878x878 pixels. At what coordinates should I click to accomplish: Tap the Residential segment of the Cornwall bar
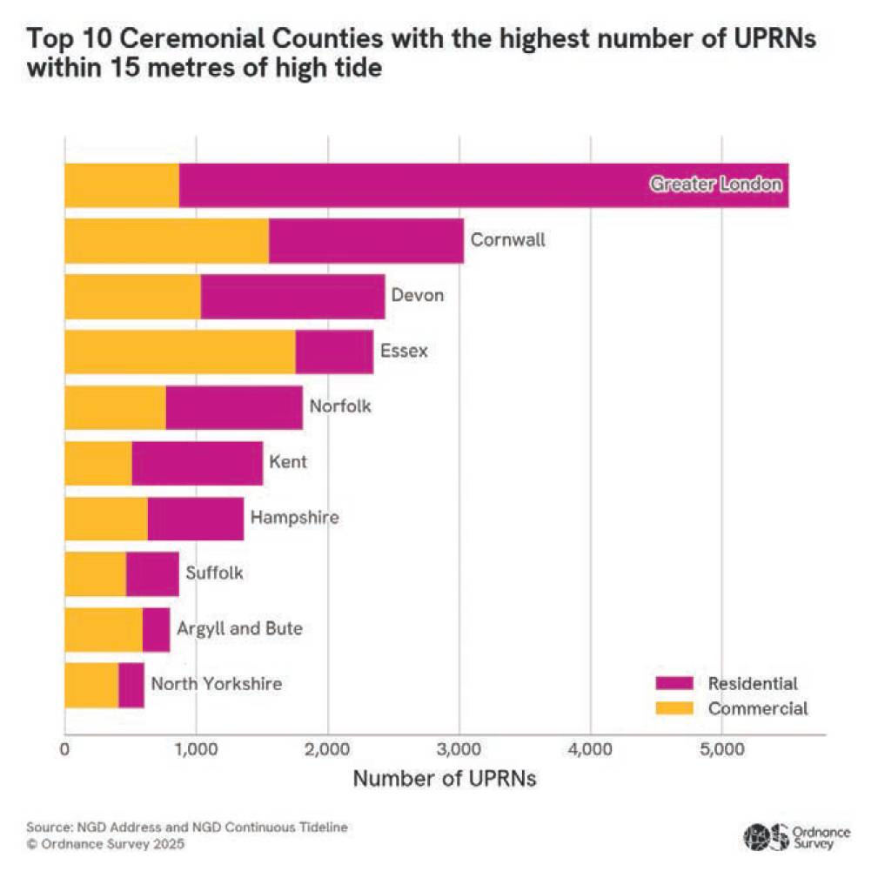coord(365,241)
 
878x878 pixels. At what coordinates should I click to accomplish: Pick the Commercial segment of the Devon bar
coord(132,297)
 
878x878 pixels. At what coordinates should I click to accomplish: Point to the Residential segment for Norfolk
coord(233,408)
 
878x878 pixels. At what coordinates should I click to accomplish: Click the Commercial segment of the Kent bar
coord(97,464)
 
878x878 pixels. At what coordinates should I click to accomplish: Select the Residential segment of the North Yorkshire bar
coord(131,685)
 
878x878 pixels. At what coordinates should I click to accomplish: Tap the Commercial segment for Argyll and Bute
coord(103,629)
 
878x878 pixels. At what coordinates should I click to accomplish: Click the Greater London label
coord(716,185)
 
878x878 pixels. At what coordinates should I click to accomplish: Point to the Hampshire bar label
coord(294,518)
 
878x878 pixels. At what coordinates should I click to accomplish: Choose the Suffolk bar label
coord(214,573)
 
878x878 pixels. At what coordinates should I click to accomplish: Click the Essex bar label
coord(404,352)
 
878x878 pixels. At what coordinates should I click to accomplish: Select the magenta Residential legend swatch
coord(674,683)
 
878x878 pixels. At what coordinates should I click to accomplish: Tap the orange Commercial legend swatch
coord(674,708)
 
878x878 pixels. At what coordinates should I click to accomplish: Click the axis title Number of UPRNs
coord(444,779)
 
